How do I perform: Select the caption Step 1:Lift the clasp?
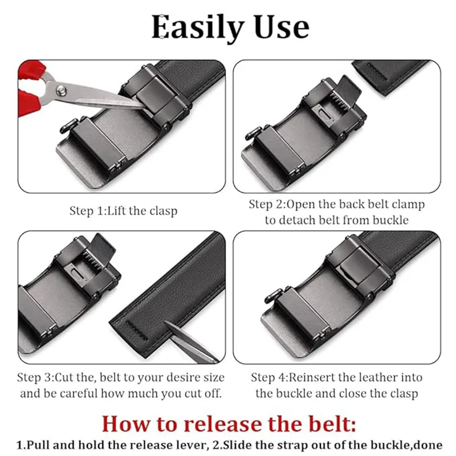(x=123, y=211)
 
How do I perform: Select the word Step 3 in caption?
(x=35, y=377)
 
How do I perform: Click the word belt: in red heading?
(x=331, y=424)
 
